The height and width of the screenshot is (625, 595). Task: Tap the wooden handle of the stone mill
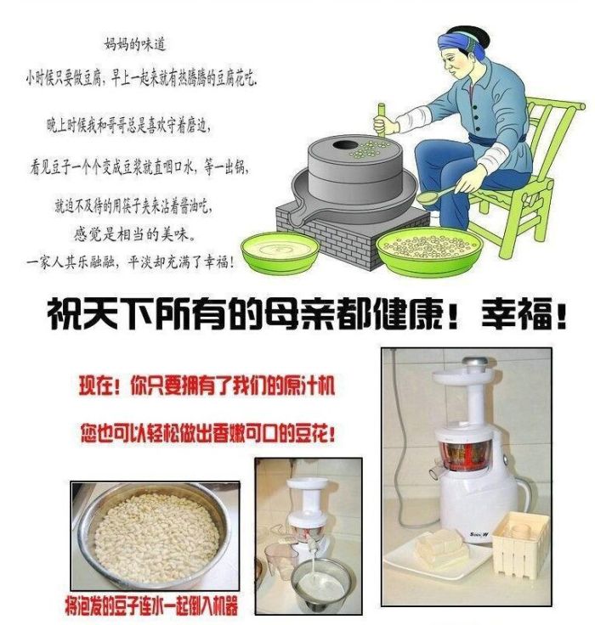[381, 120]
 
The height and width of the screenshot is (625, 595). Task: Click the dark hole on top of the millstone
[342, 145]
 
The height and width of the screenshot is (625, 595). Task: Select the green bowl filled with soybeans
[428, 248]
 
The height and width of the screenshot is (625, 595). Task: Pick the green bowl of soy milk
[280, 252]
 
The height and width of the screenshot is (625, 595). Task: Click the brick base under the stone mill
[351, 235]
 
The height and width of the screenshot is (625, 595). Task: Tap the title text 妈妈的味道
[135, 44]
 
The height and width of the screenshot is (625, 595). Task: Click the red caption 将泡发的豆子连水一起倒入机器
[151, 605]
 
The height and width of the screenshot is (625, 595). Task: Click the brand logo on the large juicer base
[479, 534]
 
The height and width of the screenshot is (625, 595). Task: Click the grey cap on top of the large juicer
[474, 362]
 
